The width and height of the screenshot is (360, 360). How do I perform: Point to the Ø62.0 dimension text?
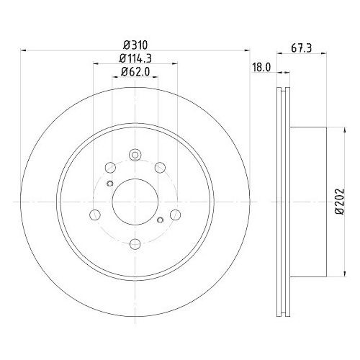(135, 71)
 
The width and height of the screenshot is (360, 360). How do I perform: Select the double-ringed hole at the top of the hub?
(135, 154)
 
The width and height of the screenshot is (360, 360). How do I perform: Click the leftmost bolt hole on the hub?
(94, 214)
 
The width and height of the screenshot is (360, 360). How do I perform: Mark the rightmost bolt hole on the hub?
(176, 214)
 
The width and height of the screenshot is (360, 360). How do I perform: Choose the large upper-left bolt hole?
(109, 166)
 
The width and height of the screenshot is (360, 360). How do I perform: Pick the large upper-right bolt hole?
(160, 166)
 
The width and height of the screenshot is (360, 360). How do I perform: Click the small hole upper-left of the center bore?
(109, 183)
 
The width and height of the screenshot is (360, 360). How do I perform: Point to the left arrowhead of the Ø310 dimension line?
(24, 50)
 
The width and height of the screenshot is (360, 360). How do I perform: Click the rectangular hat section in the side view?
(310, 202)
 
